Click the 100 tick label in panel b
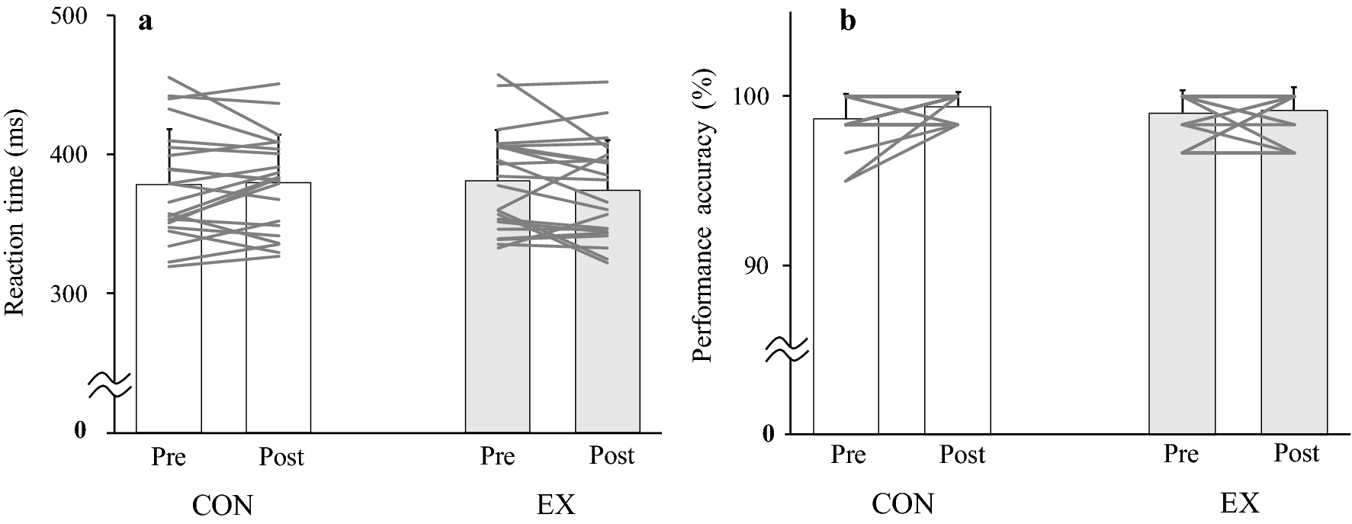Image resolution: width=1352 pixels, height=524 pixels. click(753, 96)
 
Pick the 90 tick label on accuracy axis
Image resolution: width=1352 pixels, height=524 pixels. click(760, 265)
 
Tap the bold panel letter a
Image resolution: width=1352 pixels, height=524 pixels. click(145, 22)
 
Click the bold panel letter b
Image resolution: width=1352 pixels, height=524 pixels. click(848, 22)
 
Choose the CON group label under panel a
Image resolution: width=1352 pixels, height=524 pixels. click(223, 506)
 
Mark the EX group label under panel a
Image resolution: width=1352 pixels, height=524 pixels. click(554, 506)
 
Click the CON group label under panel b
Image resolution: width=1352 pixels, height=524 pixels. click(903, 504)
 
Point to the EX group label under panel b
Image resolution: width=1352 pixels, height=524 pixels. click(1238, 503)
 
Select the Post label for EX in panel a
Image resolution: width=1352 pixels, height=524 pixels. click(612, 455)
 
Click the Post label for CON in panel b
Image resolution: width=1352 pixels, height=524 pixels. click(962, 455)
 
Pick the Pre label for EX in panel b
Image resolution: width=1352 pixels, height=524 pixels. click(1180, 454)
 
